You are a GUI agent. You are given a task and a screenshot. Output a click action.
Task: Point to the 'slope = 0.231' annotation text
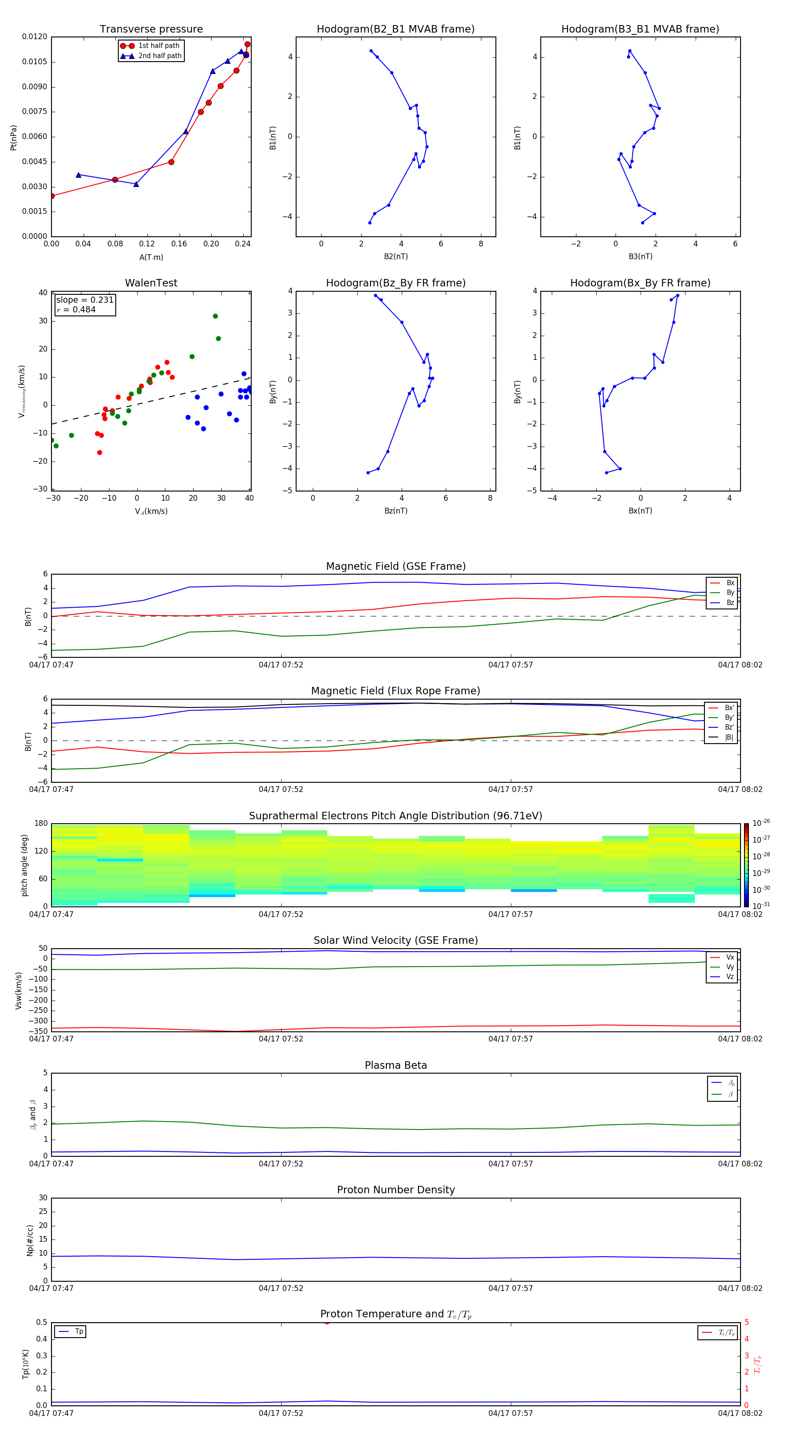tap(84, 300)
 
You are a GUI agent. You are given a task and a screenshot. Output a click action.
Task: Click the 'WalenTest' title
tap(151, 283)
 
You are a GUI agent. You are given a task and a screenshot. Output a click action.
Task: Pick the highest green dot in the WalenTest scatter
tap(215, 316)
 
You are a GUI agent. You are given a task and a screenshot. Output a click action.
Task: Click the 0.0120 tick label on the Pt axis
tap(34, 37)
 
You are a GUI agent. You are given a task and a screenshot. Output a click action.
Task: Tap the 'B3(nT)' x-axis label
tap(640, 257)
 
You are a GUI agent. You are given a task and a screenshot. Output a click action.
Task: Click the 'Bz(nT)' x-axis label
tap(396, 511)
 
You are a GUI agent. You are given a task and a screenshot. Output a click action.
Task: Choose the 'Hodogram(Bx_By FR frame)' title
tap(640, 283)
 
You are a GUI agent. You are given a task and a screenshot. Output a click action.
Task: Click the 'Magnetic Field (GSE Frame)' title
tap(396, 566)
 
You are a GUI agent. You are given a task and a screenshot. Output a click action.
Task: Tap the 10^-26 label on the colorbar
tap(760, 823)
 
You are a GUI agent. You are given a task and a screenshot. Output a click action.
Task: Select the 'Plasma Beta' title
tap(396, 1065)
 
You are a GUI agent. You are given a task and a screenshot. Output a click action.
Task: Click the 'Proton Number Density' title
tap(396, 1190)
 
